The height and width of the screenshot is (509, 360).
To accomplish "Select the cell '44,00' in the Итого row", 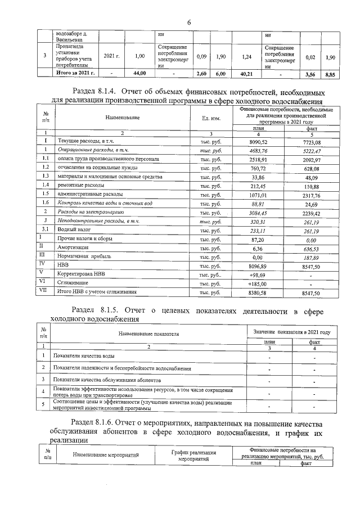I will click(139, 73).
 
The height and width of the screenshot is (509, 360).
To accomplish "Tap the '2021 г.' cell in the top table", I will click(112, 56).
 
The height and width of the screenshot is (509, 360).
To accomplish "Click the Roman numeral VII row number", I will click(44, 291).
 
